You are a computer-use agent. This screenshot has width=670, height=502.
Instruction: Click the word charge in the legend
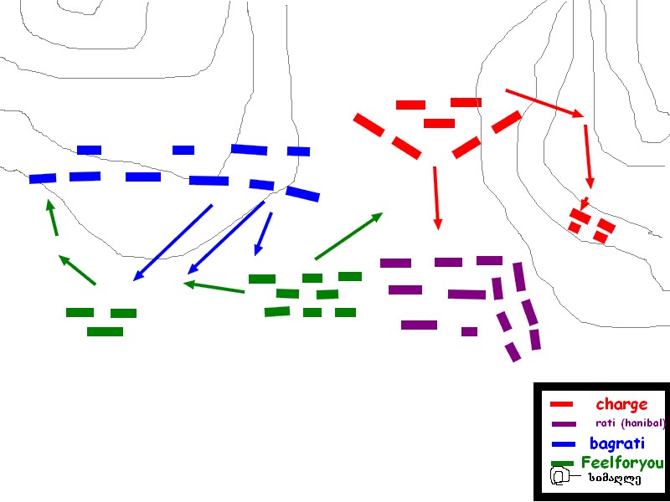point(621,405)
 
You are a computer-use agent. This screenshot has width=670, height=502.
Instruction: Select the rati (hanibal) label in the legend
point(630,423)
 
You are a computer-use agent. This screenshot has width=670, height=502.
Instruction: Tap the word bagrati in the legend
point(616,443)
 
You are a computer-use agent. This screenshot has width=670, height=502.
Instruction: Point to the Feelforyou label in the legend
point(621,463)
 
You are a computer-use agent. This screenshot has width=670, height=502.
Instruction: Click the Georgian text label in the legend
point(614,479)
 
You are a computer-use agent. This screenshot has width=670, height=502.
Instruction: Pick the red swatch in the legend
point(561,405)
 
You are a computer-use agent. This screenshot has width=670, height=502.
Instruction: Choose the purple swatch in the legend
point(564,424)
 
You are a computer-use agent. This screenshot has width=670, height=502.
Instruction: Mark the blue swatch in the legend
point(564,444)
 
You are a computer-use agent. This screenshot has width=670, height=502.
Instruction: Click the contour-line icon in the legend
point(559,477)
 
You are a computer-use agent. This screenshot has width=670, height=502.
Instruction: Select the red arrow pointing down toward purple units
point(436,197)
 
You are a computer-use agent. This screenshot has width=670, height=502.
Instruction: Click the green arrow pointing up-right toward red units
point(348,236)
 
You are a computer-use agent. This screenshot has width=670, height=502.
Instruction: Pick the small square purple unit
point(469,331)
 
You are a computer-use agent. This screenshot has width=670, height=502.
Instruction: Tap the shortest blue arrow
point(264,233)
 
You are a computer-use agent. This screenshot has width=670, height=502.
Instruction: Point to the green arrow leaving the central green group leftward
point(214,287)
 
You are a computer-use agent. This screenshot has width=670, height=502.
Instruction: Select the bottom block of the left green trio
point(105,331)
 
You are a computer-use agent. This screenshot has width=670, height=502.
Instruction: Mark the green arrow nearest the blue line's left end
point(52,218)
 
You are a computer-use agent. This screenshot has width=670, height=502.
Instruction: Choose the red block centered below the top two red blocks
point(439,123)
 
